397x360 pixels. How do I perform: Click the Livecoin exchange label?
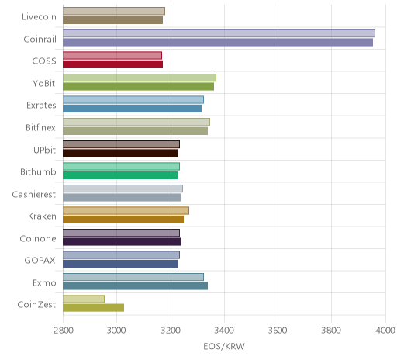coord(39,17)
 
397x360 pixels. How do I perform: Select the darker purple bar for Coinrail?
coord(218,42)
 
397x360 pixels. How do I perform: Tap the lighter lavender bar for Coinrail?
coord(219,33)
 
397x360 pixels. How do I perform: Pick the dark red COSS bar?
coord(113,64)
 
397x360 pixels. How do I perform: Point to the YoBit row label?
coord(44,84)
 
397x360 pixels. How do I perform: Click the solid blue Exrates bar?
coord(132,109)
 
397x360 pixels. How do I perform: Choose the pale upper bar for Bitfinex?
coord(136,122)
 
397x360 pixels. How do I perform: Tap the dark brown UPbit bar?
coord(120,154)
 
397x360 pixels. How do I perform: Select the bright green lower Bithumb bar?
coord(120,175)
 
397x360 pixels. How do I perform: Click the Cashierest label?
coord(34,194)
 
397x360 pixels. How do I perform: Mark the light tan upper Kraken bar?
coord(126,211)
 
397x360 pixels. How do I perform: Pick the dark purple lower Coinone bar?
coord(122,242)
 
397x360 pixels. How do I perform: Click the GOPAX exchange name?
coord(40,260)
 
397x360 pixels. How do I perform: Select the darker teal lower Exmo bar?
coord(135,286)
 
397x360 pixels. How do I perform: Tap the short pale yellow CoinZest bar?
coord(84,299)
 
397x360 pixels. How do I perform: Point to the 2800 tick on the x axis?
coord(64,331)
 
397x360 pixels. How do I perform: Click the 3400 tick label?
coord(224,331)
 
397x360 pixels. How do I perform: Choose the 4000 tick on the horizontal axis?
coord(385,331)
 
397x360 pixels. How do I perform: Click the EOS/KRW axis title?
coord(224,347)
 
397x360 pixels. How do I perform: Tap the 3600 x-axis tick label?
coord(278,331)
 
